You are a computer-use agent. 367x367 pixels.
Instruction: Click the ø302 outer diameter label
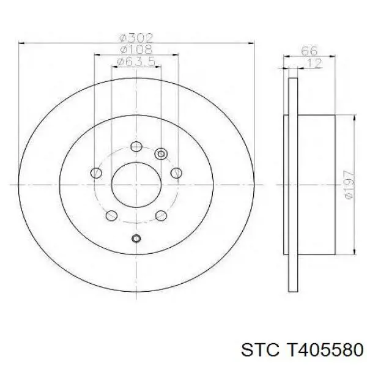(136, 38)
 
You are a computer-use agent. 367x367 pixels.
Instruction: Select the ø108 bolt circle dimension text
(136, 50)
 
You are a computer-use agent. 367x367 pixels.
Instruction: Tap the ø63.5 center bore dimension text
(136, 62)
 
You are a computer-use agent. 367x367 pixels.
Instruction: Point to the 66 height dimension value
(309, 51)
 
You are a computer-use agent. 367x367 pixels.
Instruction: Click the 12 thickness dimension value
(314, 63)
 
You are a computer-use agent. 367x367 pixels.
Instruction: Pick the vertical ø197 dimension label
(349, 185)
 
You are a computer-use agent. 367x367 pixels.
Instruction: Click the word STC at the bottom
(260, 350)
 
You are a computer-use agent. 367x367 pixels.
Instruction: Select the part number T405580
(323, 350)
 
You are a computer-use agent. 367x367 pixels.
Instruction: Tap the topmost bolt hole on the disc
(136, 147)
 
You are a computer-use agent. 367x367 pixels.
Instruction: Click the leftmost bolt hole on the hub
(96, 173)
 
